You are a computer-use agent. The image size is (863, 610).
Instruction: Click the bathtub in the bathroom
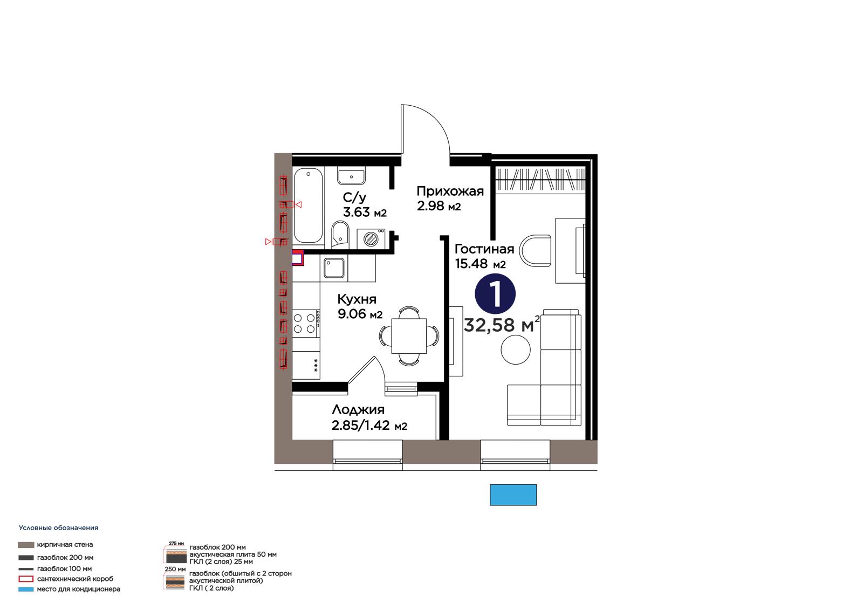308,206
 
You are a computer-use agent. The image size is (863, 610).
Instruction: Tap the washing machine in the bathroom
371,239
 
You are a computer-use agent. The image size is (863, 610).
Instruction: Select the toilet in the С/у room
340,234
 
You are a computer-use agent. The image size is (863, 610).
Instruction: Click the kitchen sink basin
334,268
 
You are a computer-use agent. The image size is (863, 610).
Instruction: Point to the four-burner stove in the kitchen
306,324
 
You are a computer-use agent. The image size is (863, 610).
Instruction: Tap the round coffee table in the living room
516,349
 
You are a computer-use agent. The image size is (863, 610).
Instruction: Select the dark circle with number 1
495,293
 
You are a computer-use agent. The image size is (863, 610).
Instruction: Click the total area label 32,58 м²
502,325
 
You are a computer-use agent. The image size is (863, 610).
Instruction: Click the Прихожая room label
450,191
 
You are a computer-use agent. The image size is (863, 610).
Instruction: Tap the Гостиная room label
484,249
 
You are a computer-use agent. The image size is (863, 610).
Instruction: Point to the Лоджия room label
358,410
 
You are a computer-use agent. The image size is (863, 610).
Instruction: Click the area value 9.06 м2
360,314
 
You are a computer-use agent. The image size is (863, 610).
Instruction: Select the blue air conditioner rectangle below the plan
513,495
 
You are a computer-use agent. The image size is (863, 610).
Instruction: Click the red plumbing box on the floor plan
297,258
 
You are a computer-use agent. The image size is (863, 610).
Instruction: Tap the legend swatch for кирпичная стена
26,545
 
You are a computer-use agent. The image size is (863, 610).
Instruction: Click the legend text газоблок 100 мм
64,569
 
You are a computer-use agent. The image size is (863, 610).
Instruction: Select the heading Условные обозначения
59,528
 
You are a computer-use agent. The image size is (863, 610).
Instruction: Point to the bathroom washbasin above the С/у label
351,177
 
